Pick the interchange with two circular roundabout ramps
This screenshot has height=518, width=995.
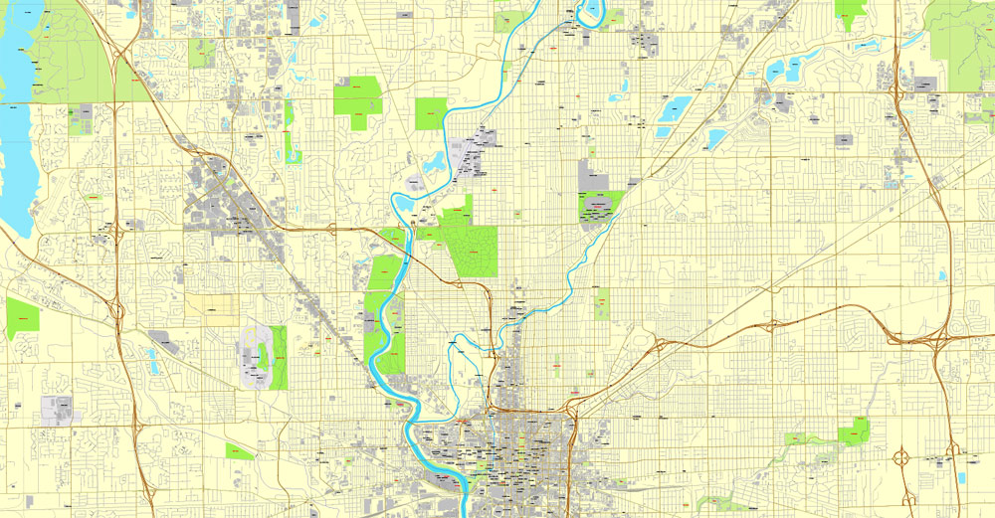(903, 459)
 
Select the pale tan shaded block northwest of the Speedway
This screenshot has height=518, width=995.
(211, 309)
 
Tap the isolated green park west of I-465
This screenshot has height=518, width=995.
(22, 316)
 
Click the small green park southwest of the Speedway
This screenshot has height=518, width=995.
(239, 451)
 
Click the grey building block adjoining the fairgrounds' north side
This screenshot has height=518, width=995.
(593, 174)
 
